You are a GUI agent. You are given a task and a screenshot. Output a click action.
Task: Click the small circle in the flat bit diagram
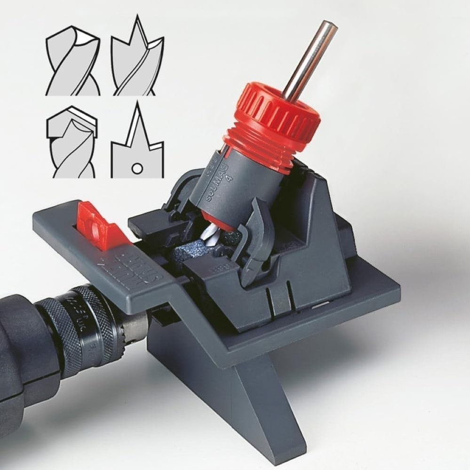tap(137, 167)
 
